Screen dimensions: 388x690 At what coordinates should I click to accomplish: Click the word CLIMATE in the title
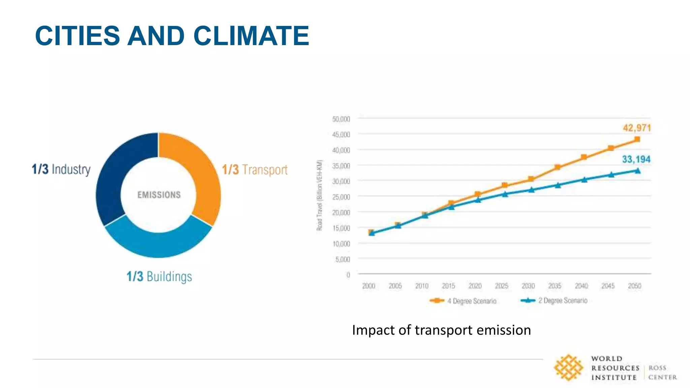(251, 36)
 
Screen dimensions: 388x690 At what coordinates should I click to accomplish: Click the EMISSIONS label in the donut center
(159, 195)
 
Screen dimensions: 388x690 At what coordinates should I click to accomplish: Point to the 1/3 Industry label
(61, 169)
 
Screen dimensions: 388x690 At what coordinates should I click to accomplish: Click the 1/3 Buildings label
(159, 277)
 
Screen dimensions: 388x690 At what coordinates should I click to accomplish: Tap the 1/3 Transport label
(255, 170)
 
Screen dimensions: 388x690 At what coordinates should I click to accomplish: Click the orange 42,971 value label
(636, 128)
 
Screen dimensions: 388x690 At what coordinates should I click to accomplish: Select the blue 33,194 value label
(636, 159)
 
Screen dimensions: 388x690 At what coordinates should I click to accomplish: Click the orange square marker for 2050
(637, 139)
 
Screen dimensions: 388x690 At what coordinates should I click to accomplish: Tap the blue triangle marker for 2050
(637, 171)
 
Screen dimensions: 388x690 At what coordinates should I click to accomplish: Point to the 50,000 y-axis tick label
(341, 119)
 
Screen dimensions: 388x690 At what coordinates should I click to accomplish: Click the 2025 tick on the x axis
(501, 286)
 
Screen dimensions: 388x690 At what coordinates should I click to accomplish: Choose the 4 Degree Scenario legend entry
(464, 301)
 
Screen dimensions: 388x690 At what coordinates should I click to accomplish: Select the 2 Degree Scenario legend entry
(554, 300)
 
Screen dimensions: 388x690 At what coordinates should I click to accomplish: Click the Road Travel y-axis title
(319, 195)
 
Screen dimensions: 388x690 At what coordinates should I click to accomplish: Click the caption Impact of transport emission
(441, 330)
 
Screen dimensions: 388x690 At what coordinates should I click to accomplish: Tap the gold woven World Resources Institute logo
(568, 367)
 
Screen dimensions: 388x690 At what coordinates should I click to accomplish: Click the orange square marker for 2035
(558, 167)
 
